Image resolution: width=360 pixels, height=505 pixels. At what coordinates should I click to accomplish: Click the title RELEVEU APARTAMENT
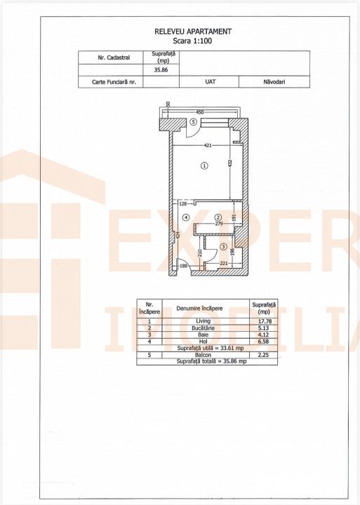(x=193, y=32)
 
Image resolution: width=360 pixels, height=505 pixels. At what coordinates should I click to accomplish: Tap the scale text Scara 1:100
(x=192, y=41)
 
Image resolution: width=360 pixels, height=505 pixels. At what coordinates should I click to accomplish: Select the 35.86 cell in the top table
(x=161, y=70)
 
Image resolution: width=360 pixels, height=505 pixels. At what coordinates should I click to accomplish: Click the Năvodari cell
(x=274, y=82)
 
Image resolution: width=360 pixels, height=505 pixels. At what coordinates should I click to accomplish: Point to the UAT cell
(x=211, y=82)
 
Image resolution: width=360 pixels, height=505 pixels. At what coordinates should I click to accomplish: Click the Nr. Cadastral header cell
(x=114, y=58)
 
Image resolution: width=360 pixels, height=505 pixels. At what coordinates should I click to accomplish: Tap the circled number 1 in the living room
(x=204, y=166)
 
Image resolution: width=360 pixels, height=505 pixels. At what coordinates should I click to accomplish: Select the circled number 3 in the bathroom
(x=224, y=246)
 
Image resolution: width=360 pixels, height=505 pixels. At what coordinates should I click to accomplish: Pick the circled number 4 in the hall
(x=186, y=217)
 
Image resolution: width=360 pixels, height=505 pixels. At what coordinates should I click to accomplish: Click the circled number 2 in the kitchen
(x=218, y=217)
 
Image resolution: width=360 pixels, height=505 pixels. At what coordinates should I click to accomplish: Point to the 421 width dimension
(x=208, y=146)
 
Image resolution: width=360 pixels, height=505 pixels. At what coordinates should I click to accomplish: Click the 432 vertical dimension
(x=230, y=163)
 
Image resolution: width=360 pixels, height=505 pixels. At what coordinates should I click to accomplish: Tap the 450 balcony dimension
(x=200, y=112)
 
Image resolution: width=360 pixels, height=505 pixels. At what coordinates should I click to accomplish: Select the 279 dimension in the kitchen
(x=219, y=224)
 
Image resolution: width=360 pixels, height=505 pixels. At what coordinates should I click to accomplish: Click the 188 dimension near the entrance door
(x=183, y=266)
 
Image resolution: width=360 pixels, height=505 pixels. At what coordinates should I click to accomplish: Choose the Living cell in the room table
(x=203, y=321)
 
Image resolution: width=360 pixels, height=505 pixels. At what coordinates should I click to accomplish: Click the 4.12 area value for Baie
(x=264, y=335)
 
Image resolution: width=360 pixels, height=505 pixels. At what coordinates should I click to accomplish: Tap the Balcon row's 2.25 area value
(x=264, y=355)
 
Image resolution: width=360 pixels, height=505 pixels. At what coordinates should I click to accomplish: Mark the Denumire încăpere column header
(x=199, y=309)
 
